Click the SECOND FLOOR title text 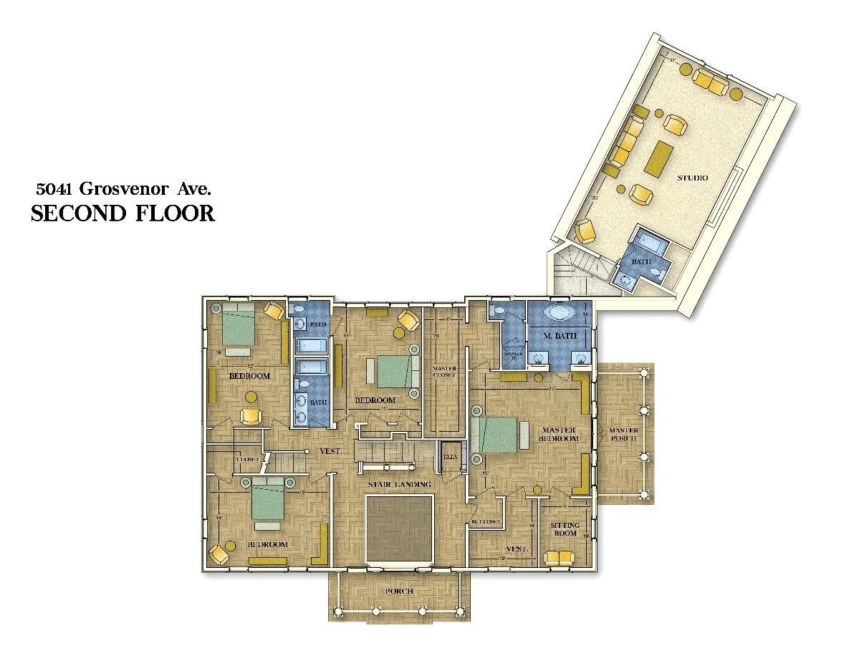click(123, 213)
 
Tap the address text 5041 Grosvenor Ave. click(123, 189)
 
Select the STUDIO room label click(692, 178)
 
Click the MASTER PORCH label click(623, 435)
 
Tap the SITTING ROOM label click(565, 529)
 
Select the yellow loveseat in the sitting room click(560, 557)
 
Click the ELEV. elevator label click(451, 457)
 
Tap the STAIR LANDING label click(400, 485)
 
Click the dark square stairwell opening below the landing click(400, 529)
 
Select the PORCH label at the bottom click(399, 591)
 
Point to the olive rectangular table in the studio click(658, 158)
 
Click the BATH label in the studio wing click(641, 262)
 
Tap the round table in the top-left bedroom click(251, 396)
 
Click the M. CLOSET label click(485, 522)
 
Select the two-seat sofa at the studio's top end click(709, 83)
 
